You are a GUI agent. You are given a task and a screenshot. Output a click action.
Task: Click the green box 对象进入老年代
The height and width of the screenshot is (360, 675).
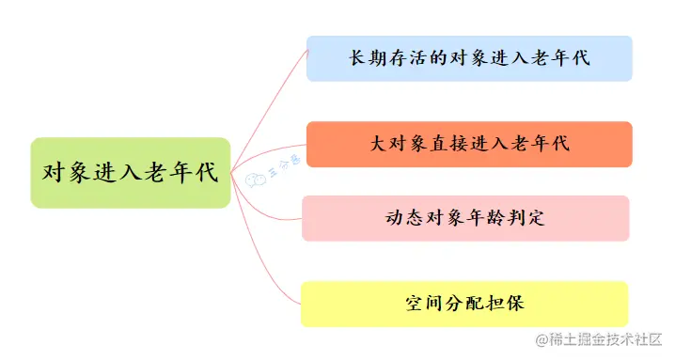[130, 173]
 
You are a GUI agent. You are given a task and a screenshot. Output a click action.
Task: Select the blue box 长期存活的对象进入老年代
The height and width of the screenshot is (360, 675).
[469, 58]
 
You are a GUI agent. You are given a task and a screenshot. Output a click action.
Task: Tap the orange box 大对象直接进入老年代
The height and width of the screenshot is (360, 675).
[469, 144]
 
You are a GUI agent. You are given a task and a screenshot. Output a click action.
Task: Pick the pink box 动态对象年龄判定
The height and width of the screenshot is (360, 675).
[465, 218]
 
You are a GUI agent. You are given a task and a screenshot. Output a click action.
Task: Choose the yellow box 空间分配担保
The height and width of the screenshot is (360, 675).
[464, 304]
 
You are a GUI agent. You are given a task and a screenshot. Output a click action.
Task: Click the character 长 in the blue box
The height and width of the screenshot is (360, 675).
[358, 58]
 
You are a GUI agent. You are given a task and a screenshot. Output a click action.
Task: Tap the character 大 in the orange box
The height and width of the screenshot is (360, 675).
[379, 144]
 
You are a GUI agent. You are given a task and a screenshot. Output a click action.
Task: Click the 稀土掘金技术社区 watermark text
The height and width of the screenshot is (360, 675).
[606, 339]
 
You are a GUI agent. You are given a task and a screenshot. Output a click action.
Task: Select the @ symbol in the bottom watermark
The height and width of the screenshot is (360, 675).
[542, 339]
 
